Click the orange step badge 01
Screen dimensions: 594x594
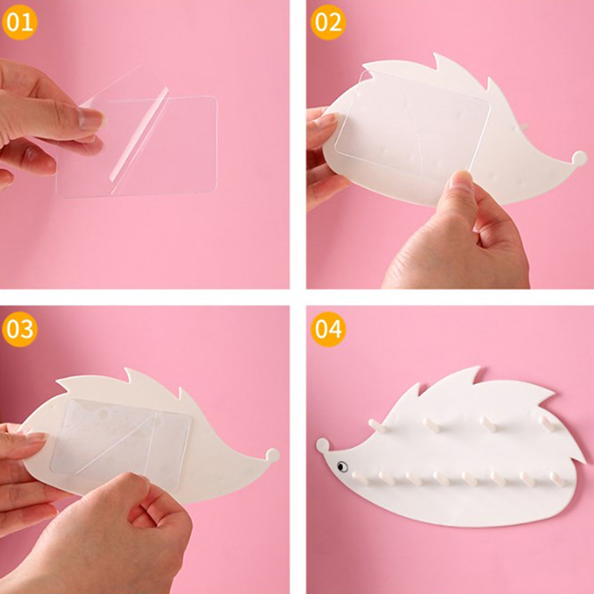tap(20, 22)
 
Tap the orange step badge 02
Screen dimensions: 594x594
tap(328, 22)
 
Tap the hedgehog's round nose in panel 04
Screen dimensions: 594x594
tap(323, 445)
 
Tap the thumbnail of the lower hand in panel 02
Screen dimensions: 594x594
tap(461, 182)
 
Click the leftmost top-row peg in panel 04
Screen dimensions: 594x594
tap(376, 425)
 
